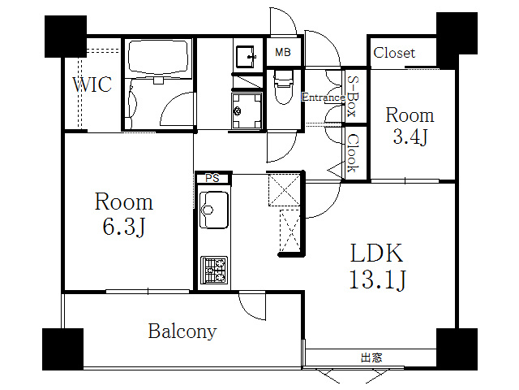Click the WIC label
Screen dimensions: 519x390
click(92, 84)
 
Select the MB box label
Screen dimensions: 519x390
click(283, 52)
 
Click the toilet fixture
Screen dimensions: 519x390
click(283, 87)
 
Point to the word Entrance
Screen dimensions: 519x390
click(324, 97)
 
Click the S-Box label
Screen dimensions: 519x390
click(353, 96)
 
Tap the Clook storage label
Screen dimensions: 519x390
click(354, 154)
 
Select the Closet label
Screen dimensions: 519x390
click(394, 53)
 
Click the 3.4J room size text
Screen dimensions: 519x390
click(410, 136)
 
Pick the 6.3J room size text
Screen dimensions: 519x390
click(124, 227)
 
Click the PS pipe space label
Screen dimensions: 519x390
click(212, 179)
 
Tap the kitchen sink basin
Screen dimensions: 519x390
click(214, 210)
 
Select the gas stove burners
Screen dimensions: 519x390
click(214, 270)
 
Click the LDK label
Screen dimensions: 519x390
click(376, 253)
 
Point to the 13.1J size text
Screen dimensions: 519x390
click(377, 279)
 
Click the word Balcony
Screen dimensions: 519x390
click(182, 331)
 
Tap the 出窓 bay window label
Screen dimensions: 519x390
click(371, 357)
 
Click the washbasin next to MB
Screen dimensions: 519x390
click(245, 56)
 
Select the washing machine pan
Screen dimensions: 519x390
click(247, 110)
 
